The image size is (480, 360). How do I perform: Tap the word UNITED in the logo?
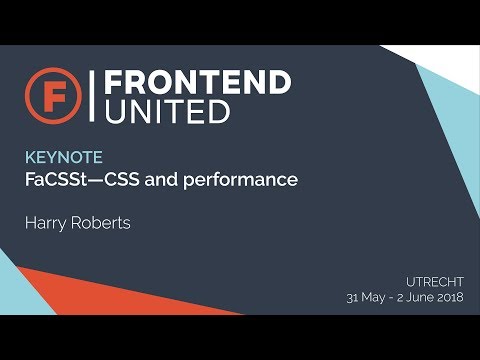click(x=167, y=111)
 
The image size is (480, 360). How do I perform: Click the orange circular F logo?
click(x=50, y=95)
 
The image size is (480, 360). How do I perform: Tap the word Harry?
click(x=45, y=222)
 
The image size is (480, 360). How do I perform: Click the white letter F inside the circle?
click(x=50, y=95)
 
